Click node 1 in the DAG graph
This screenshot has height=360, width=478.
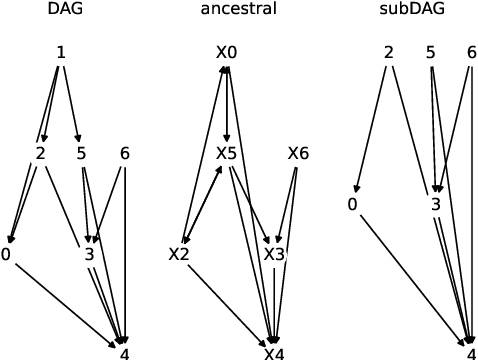pos(61,52)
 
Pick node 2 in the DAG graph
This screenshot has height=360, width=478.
pos(40,153)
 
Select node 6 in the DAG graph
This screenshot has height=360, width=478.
pos(125,153)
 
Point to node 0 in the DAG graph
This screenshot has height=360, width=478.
pos(7,254)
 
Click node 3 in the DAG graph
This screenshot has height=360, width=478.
pos(89,254)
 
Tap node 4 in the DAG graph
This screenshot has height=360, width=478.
pos(124,353)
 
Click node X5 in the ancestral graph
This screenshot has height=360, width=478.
pos(227,153)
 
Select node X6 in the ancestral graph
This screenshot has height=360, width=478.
pos(298,153)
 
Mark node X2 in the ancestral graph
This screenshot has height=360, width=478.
pos(179,254)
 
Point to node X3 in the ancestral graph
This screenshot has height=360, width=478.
pos(274,254)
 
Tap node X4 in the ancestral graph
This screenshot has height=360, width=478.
pos(274,353)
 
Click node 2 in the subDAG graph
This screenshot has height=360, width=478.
pos(388,52)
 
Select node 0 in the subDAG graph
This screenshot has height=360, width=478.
pos(353,204)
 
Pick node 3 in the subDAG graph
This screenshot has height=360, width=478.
pos(435,204)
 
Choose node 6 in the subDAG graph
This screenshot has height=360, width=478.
pos(471,52)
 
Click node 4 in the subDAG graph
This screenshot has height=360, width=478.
pos(471,353)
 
